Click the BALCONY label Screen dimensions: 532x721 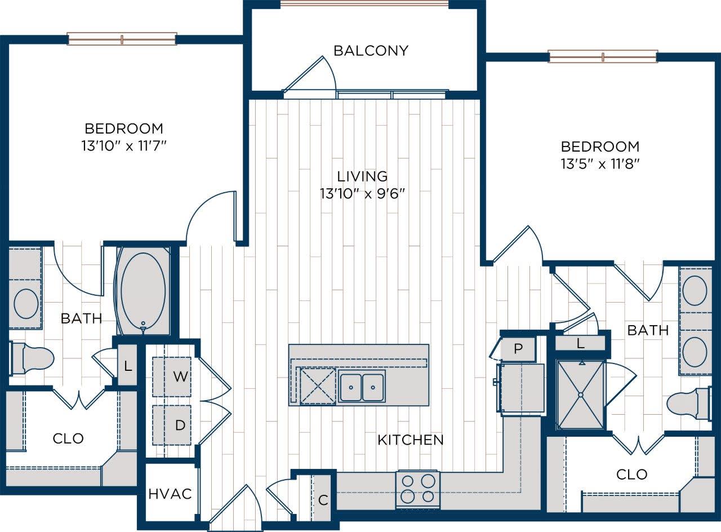tap(370, 51)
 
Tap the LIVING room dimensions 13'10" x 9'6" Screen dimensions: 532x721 tap(362, 193)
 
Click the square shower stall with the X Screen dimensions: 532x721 tap(580, 394)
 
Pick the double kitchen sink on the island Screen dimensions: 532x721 tap(362, 387)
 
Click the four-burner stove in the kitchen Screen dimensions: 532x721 tap(417, 489)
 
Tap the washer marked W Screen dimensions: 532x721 tap(172, 376)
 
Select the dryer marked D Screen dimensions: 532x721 tap(172, 425)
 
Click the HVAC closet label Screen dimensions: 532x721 tap(170, 494)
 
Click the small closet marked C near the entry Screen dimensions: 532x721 tap(322, 499)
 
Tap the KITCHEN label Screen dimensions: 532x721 tap(410, 440)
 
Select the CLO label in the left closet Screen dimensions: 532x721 tap(68, 438)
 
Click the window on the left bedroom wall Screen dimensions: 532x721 tap(122, 39)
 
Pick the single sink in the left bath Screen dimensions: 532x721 tap(26, 303)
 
